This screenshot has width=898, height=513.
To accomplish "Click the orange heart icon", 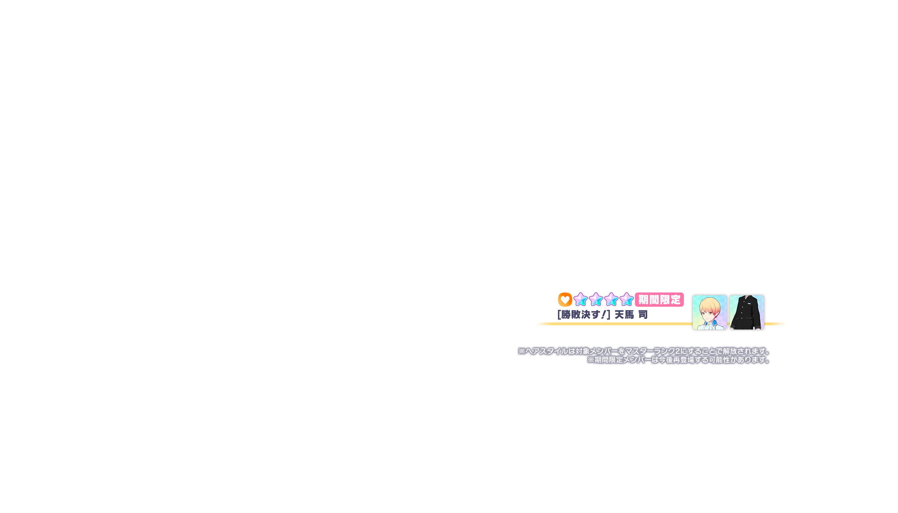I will click(x=565, y=300).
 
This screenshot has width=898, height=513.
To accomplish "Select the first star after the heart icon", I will click(x=580, y=300).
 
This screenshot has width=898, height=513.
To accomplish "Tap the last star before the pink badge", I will click(x=626, y=300).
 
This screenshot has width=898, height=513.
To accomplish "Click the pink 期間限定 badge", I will click(x=659, y=300).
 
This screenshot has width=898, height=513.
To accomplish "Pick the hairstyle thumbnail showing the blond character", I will click(x=709, y=312).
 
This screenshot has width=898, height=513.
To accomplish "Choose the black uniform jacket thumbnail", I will click(x=747, y=312).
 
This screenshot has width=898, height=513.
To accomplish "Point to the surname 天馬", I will click(x=624, y=315).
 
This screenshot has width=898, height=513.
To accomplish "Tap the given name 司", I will click(x=643, y=315).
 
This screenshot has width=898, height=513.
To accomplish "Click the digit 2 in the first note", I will click(x=677, y=351).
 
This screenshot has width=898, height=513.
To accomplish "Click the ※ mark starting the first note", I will click(x=522, y=351).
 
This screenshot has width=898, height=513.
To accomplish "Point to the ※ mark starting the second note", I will click(x=591, y=360).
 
